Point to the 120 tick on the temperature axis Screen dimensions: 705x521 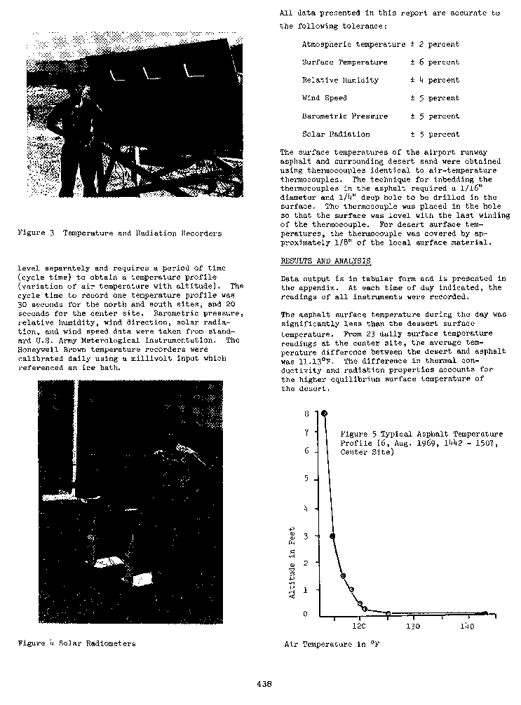(x=358, y=627)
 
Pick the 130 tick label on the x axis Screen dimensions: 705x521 (x=413, y=627)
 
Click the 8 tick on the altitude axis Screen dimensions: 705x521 (x=306, y=413)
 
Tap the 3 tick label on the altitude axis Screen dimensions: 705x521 (x=306, y=536)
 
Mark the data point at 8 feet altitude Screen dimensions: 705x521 (x=324, y=413)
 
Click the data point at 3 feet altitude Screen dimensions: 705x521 (x=332, y=536)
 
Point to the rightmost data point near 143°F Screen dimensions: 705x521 (x=485, y=613)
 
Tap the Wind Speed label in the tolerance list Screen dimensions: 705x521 (x=324, y=98)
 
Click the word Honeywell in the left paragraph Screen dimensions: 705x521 (x=41, y=348)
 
